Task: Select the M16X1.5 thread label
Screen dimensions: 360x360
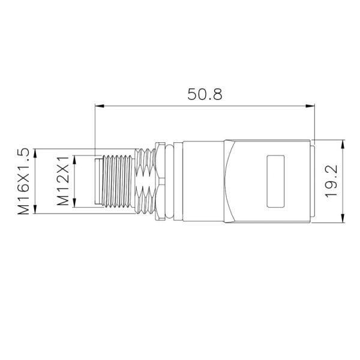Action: (x=23, y=181)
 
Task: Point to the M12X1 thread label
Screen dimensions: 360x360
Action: (x=63, y=181)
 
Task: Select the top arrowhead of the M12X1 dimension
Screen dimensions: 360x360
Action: (x=75, y=158)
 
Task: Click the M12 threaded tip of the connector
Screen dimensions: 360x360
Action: (x=117, y=181)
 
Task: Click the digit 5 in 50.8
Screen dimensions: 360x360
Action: (x=193, y=94)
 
